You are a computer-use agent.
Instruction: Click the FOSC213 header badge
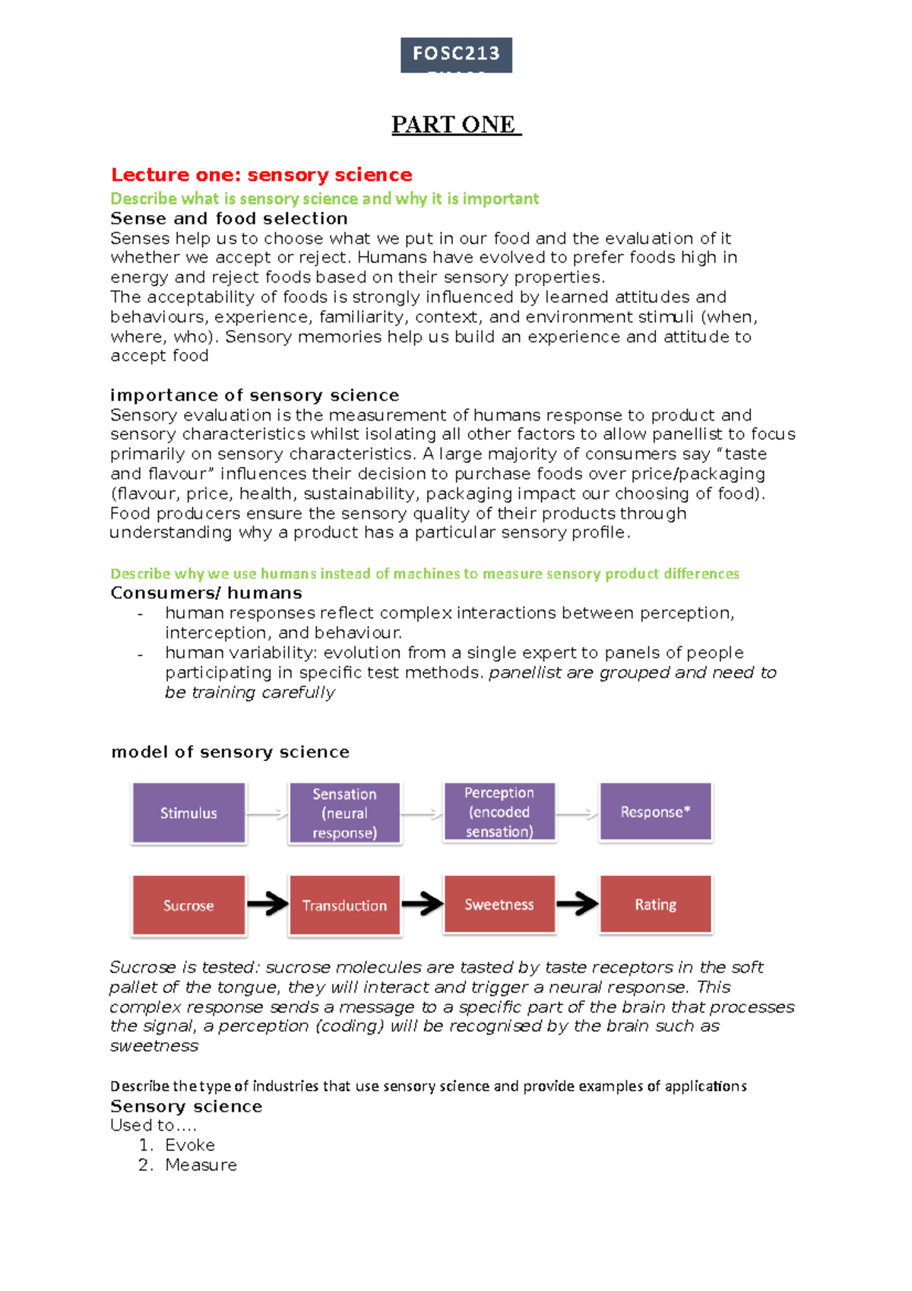[x=456, y=55]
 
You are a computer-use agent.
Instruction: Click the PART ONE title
[x=456, y=125]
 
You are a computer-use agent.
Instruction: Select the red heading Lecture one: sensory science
[x=261, y=175]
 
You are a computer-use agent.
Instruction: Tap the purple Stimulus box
[x=188, y=813]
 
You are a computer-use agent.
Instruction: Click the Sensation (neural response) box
[x=344, y=813]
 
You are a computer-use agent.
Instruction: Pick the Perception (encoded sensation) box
[x=499, y=812]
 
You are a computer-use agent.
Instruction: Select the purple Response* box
[x=655, y=812]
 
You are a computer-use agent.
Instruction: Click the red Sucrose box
[x=188, y=905]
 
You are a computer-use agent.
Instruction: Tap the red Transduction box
[x=344, y=905]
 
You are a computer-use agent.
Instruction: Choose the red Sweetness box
[x=499, y=904]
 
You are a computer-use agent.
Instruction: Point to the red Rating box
[x=655, y=904]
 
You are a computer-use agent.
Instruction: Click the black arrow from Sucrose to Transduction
[x=268, y=904]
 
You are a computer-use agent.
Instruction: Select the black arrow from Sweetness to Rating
[x=578, y=903]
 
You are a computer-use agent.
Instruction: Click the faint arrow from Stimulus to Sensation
[x=268, y=814]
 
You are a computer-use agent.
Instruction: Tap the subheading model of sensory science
[x=230, y=752]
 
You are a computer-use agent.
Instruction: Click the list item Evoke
[x=190, y=1145]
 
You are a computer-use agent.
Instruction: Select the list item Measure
[x=201, y=1165]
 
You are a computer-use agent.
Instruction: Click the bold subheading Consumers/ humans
[x=206, y=593]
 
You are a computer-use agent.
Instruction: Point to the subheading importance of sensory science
[x=255, y=395]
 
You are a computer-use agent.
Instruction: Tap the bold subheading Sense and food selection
[x=229, y=218]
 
